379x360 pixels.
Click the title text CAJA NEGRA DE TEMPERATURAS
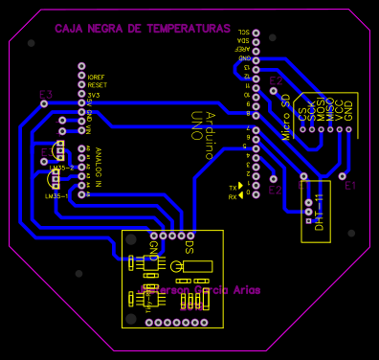[x=142, y=29]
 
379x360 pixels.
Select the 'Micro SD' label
[x=285, y=117]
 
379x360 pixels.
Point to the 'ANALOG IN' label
[x=96, y=166]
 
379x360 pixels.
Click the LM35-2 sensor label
[x=62, y=168]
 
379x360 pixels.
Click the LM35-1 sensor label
[x=56, y=196]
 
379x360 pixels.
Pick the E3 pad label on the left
[x=45, y=95]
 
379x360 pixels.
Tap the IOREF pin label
[x=96, y=76]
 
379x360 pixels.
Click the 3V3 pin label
[x=93, y=95]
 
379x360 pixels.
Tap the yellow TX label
[x=232, y=187]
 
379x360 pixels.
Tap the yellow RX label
[x=232, y=196]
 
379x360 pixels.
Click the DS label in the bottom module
[x=189, y=247]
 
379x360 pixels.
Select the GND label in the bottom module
[x=153, y=251]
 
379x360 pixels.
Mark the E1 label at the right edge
[x=349, y=185]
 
